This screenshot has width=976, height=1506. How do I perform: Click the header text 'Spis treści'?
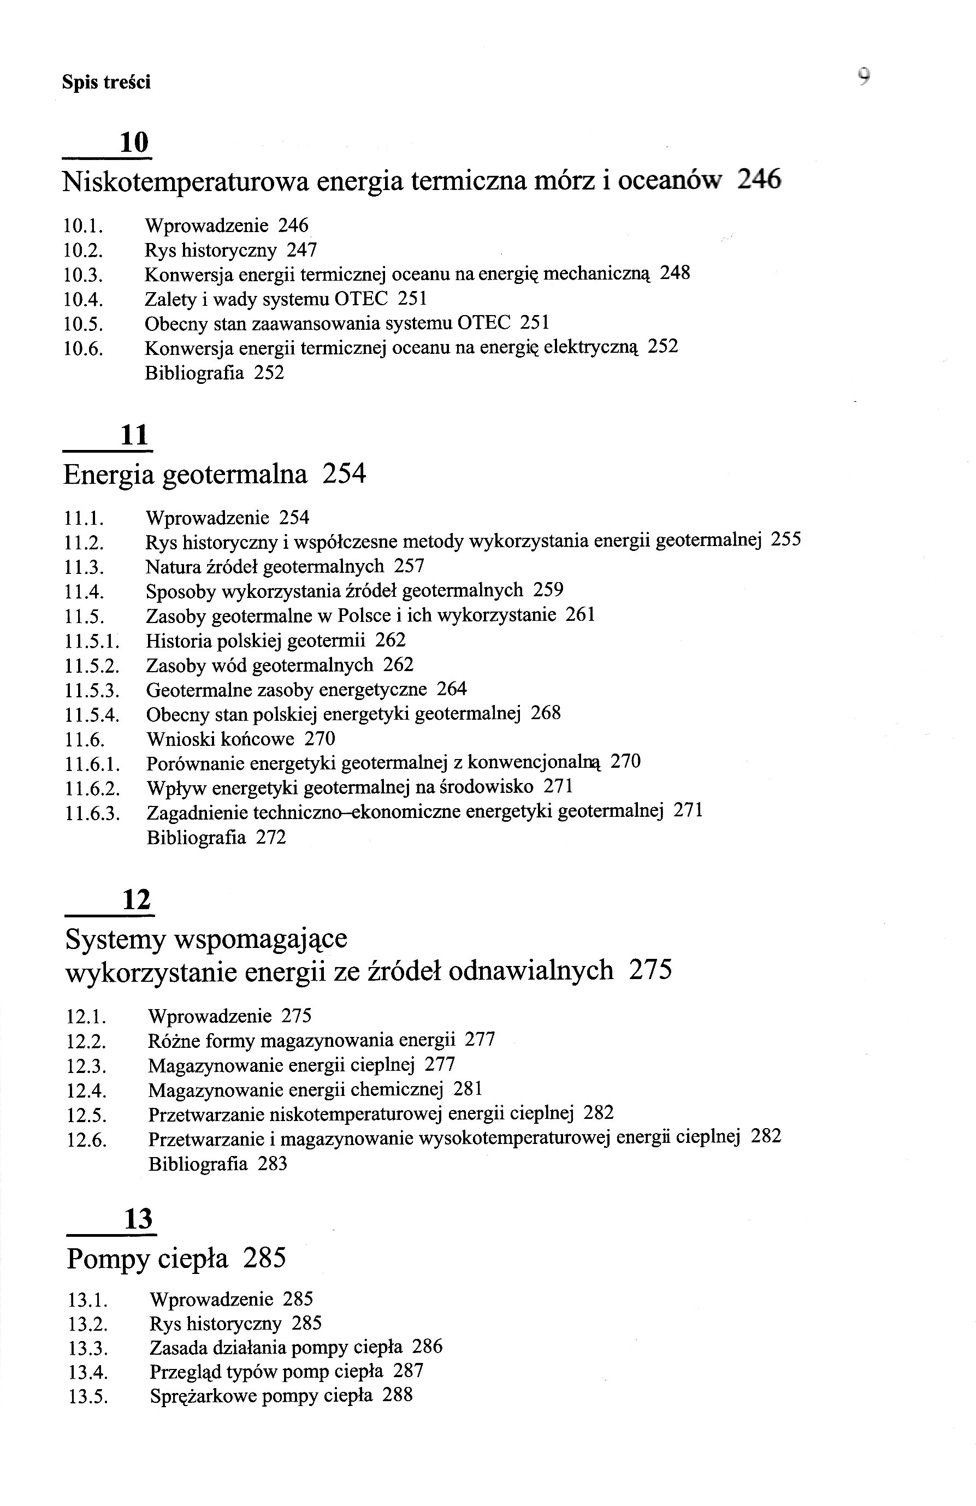[107, 82]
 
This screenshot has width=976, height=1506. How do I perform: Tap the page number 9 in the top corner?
[864, 77]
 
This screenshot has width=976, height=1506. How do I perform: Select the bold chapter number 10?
[134, 143]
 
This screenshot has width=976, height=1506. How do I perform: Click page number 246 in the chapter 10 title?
[760, 180]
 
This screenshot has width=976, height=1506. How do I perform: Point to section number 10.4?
[83, 299]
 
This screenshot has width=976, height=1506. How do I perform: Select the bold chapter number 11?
[134, 435]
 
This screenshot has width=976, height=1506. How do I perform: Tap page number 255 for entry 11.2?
[785, 539]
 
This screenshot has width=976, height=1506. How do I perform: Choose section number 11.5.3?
[92, 690]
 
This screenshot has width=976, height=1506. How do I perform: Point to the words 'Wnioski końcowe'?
[220, 739]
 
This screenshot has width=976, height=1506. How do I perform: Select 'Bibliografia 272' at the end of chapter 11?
[216, 838]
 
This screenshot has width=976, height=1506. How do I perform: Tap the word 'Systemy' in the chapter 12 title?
[115, 940]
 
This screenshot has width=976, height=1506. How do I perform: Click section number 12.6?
[87, 1140]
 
